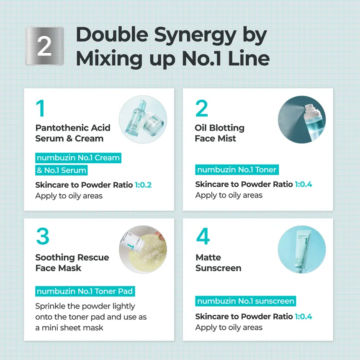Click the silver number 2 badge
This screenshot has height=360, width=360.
click(x=44, y=46)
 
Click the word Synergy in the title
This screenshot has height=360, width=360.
click(x=195, y=36)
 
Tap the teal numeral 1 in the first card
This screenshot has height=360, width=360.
click(x=41, y=108)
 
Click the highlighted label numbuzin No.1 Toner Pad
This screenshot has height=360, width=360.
click(x=85, y=291)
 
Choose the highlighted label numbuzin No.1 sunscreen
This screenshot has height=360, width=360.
click(x=245, y=301)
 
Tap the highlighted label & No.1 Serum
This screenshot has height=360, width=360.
click(x=61, y=170)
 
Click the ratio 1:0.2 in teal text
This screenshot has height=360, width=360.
click(x=143, y=185)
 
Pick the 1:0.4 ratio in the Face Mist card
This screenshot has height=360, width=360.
click(x=303, y=184)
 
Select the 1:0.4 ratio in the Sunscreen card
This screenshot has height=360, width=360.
click(x=303, y=316)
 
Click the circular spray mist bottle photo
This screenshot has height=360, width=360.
click(x=302, y=120)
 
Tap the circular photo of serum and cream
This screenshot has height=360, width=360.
click(x=143, y=119)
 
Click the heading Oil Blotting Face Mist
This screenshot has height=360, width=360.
click(x=219, y=133)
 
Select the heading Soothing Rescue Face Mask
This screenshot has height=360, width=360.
click(x=72, y=262)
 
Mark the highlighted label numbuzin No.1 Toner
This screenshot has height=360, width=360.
click(x=237, y=170)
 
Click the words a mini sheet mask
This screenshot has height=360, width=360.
click(x=69, y=328)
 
